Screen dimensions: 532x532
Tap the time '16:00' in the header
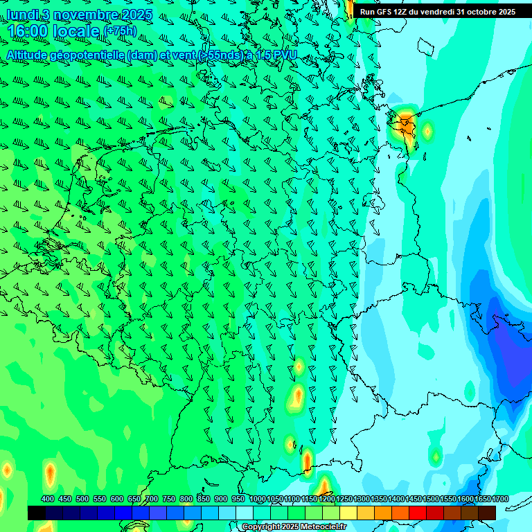point(28,32)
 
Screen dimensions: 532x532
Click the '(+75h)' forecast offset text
point(120,31)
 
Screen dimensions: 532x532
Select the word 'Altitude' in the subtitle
point(31,55)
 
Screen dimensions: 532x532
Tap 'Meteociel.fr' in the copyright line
point(323,527)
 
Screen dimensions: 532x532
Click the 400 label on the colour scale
point(48,499)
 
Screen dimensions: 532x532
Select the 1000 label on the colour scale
point(257,499)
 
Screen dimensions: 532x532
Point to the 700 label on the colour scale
point(152,499)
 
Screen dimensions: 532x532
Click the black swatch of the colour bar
point(37,513)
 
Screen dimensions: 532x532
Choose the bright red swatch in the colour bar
point(418,513)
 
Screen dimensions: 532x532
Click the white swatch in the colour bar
point(245,513)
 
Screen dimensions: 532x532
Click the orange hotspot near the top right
point(405,126)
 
